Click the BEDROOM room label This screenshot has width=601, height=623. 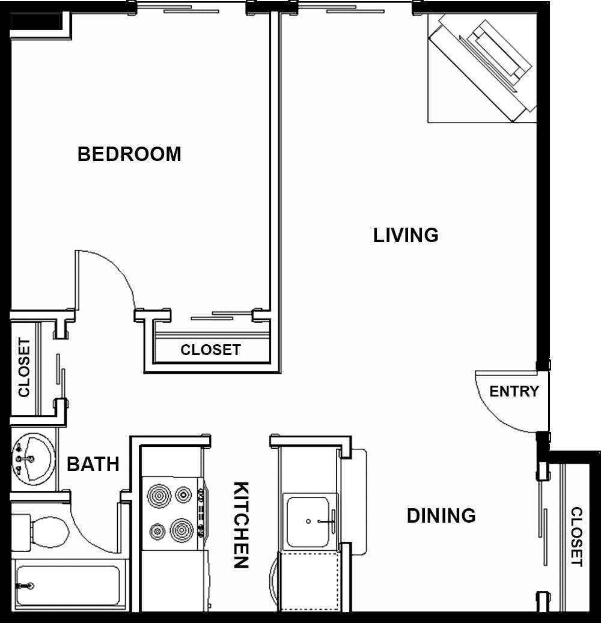(x=129, y=154)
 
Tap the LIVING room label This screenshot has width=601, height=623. (x=406, y=235)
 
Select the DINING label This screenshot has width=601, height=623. (x=441, y=516)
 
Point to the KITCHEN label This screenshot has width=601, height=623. (x=241, y=524)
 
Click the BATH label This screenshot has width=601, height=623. (x=93, y=464)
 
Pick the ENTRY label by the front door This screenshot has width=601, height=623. (x=514, y=392)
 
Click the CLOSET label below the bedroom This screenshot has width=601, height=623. (x=210, y=350)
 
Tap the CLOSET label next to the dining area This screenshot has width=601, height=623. (x=576, y=536)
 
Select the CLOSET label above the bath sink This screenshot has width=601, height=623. (x=24, y=368)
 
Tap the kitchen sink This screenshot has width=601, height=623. (x=308, y=521)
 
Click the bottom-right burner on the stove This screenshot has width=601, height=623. (x=183, y=530)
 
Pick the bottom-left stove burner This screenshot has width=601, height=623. (x=158, y=531)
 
